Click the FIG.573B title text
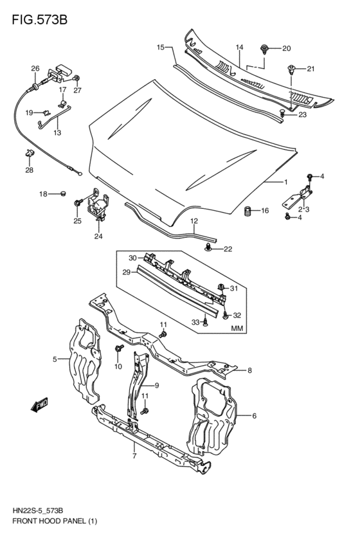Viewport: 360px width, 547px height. pos(39,19)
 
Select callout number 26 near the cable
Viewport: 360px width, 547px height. pos(35,69)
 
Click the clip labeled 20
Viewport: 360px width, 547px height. pos(265,48)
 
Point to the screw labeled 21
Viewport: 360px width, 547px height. pos(292,70)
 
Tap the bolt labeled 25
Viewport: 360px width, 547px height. pos(78,204)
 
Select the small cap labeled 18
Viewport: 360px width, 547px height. pos(63,193)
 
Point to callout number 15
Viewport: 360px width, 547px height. pos(161,47)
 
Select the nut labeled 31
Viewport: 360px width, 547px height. pos(221,287)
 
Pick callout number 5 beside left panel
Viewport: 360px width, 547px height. pos(56,359)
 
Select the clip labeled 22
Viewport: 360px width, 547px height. pos(208,247)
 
